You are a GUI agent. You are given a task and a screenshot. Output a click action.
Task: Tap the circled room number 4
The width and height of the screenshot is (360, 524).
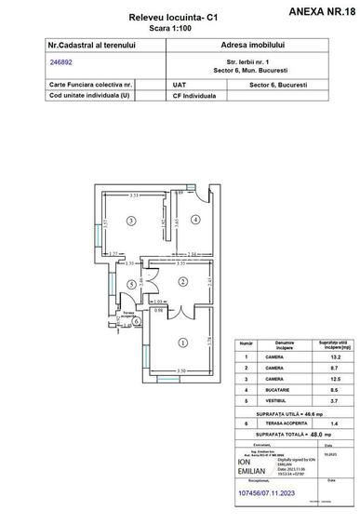pyautogui.click(x=195, y=220)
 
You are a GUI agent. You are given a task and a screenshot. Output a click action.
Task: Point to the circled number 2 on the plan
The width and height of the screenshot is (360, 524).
pyautogui.click(x=183, y=280)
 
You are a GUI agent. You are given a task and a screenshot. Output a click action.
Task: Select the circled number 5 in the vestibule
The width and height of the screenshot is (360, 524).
pyautogui.click(x=132, y=284)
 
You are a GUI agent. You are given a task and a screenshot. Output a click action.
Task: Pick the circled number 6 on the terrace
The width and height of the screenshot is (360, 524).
pyautogui.click(x=136, y=320)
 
